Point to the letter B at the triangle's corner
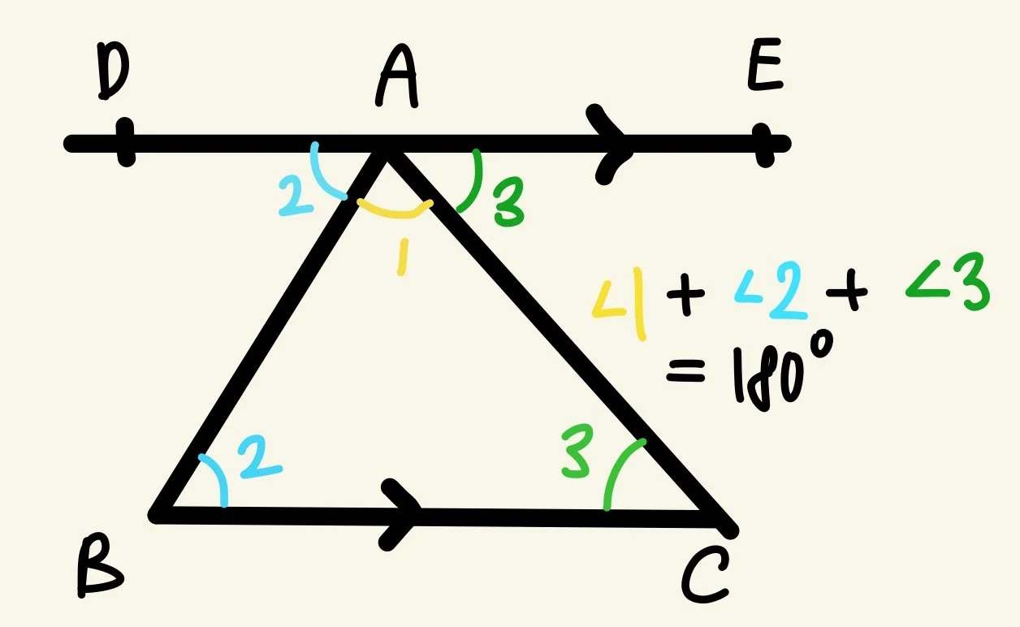(x=98, y=566)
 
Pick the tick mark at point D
(x=124, y=143)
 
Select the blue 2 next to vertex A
(x=295, y=194)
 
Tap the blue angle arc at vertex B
(x=216, y=479)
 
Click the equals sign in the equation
(x=684, y=374)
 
